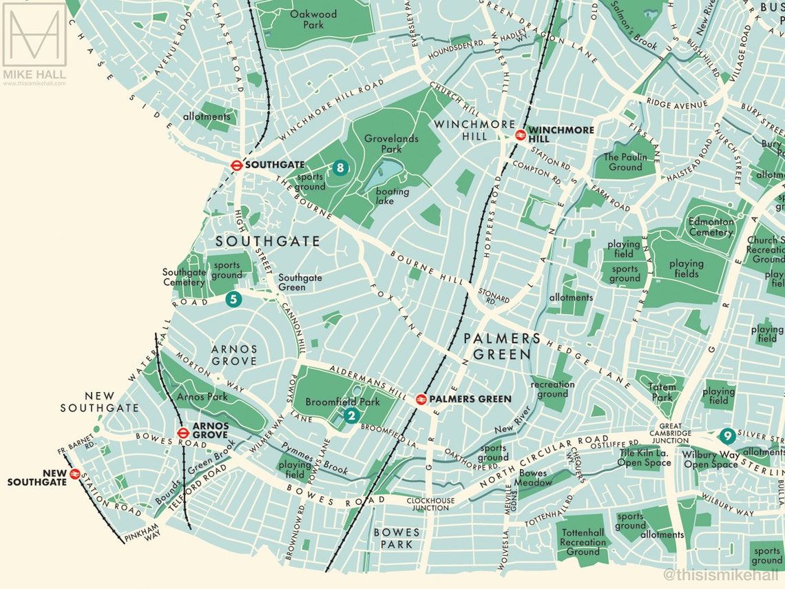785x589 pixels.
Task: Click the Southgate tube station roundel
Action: point(236,165)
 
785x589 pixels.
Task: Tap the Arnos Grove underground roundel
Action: point(183,433)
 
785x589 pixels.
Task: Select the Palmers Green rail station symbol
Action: point(421,399)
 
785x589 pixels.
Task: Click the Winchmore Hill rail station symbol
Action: point(521,134)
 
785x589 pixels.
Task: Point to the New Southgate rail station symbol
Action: point(75,474)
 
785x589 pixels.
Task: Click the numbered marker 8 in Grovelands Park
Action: point(339,167)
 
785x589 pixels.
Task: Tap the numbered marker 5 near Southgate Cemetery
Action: point(233,299)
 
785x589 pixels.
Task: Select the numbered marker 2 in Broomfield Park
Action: point(351,415)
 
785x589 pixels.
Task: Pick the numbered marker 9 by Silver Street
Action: point(726,436)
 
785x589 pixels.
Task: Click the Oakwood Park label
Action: point(313,19)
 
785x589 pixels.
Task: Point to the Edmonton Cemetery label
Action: point(711,227)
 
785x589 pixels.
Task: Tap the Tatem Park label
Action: point(662,392)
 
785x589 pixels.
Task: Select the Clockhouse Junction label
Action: point(431,504)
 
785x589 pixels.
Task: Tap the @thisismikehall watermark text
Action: point(721,575)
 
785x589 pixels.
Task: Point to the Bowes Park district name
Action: point(397,538)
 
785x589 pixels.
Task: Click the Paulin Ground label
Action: point(625,162)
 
